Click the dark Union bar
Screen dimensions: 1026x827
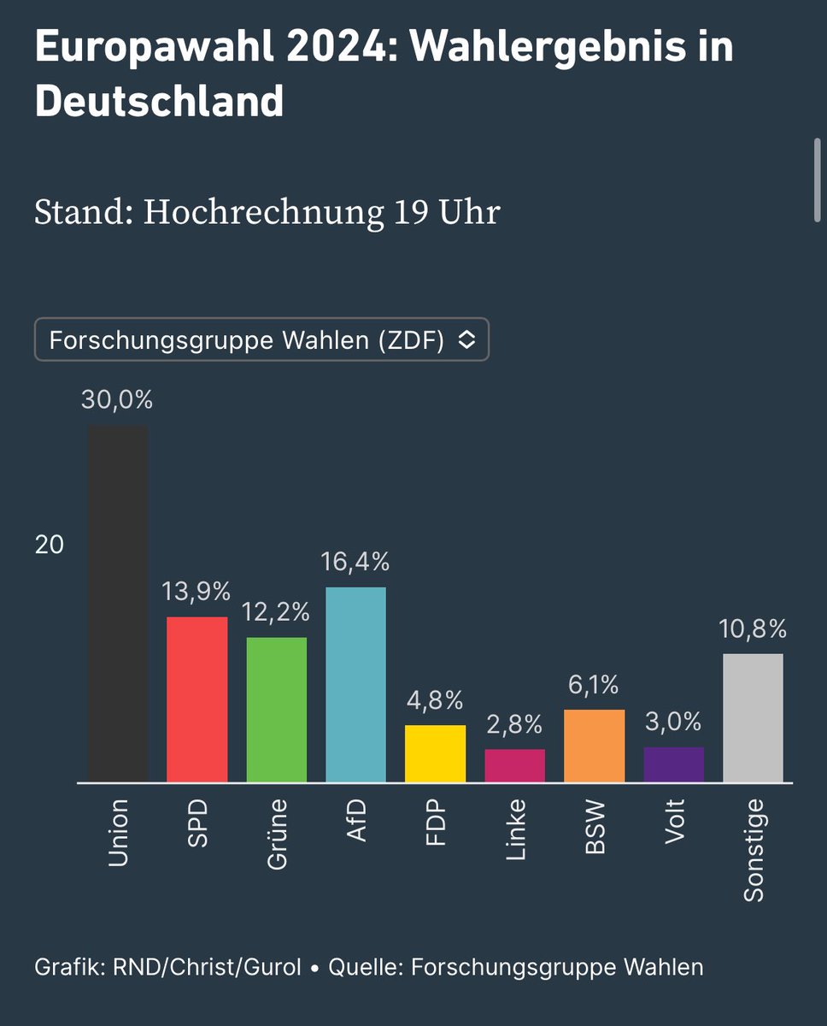pos(118,604)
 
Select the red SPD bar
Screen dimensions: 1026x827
pos(197,699)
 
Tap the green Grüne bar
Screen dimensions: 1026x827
pos(277,710)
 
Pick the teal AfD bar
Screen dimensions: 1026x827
pos(356,684)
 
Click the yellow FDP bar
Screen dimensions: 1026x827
pos(435,753)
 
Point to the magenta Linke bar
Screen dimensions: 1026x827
pos(514,765)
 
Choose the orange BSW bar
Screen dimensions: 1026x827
pos(594,746)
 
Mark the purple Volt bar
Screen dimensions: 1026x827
pos(673,764)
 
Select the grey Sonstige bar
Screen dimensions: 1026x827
pos(753,718)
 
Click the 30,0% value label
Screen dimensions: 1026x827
pos(117,400)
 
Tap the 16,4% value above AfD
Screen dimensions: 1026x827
pos(355,562)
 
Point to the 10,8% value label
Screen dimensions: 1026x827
pos(752,629)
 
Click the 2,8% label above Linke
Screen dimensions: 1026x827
pos(514,725)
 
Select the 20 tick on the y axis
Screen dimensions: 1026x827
pos(50,545)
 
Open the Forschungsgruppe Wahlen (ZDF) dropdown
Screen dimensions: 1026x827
pos(261,340)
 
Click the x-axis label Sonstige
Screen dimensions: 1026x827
pos(753,850)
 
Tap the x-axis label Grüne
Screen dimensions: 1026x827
pos(277,834)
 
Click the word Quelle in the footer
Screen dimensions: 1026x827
pos(365,967)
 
